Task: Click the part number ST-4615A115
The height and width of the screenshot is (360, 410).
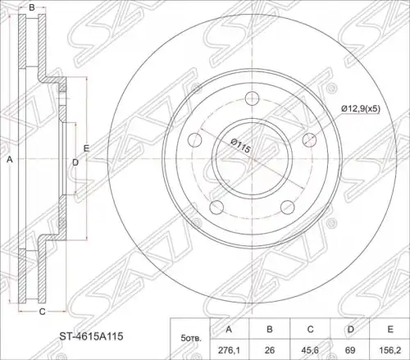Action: pyautogui.click(x=92, y=336)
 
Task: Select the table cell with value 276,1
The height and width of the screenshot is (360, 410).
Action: pyautogui.click(x=229, y=350)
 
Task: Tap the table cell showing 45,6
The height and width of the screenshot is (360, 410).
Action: pyautogui.click(x=310, y=350)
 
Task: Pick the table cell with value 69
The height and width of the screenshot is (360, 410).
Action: pyautogui.click(x=350, y=350)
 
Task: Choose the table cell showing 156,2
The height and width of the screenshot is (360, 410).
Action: pyautogui.click(x=390, y=350)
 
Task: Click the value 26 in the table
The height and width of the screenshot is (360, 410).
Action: pyautogui.click(x=270, y=350)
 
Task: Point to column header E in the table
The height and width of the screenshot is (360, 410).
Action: pyautogui.click(x=390, y=329)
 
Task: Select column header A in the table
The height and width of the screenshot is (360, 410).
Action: pyautogui.click(x=229, y=329)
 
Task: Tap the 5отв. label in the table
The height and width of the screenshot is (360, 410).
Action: pyautogui.click(x=190, y=339)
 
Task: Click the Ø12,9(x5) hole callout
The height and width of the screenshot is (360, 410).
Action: pyautogui.click(x=361, y=109)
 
